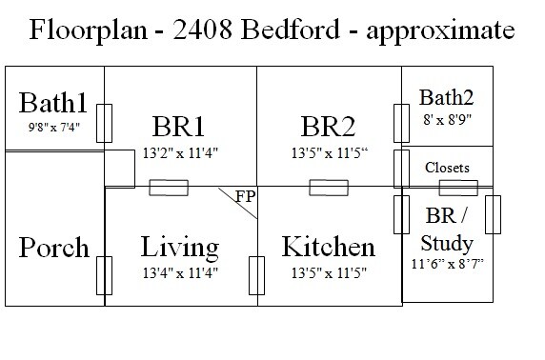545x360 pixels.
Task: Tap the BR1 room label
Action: pos(179,128)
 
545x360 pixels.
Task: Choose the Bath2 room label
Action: pos(446,96)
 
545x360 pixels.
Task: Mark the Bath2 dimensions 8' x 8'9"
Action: pos(446,118)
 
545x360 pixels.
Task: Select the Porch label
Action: pos(53,249)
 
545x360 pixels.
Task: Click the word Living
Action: pos(179,248)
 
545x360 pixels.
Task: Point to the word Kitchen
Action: pos(328,248)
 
